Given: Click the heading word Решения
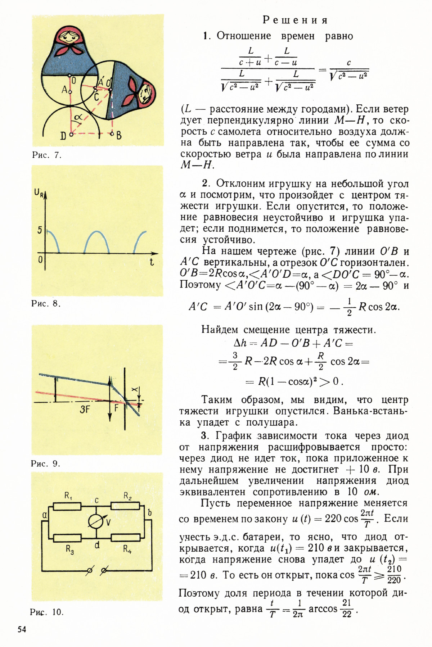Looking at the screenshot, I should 295,20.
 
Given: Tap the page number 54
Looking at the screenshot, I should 22,629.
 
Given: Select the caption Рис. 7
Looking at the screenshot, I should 47,155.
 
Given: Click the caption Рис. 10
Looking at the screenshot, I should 47,612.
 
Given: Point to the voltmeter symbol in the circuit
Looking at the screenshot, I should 96,522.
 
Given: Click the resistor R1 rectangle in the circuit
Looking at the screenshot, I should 67,507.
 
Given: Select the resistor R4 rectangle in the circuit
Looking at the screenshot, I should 125,538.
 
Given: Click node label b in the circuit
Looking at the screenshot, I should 149,512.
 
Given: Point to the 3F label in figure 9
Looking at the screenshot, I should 84,409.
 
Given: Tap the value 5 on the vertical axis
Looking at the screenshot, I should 40,230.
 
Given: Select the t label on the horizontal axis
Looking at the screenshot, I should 152,262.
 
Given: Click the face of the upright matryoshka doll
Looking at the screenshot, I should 68,36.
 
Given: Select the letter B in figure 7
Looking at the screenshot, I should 119,135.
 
